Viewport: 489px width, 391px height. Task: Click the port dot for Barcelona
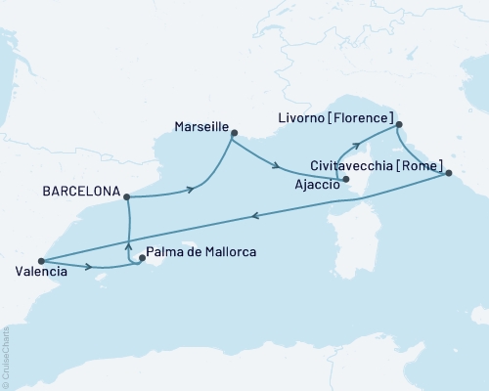[128, 196]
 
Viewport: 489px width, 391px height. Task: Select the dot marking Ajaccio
[346, 180]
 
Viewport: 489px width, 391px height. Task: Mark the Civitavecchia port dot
[449, 173]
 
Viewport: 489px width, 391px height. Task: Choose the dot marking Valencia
[41, 261]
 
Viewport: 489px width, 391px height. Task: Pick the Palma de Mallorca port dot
[143, 259]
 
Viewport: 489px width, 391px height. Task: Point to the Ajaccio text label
[316, 182]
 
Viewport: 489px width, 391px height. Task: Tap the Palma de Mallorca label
[203, 252]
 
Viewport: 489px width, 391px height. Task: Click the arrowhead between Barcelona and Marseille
[187, 191]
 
